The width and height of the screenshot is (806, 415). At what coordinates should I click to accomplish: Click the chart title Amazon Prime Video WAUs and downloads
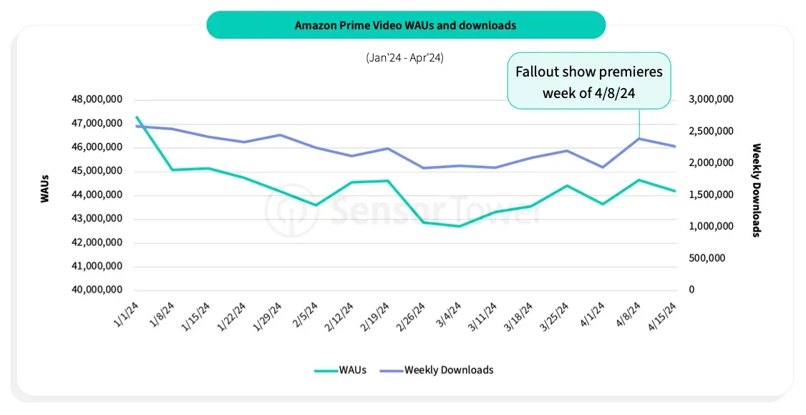(x=405, y=25)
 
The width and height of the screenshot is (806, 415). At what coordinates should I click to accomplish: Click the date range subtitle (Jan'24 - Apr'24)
(x=404, y=58)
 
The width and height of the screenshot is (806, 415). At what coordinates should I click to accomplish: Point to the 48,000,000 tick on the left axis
(x=97, y=99)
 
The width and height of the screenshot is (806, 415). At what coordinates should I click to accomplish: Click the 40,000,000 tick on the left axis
(x=97, y=290)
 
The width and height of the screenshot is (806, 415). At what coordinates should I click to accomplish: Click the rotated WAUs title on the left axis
(x=45, y=187)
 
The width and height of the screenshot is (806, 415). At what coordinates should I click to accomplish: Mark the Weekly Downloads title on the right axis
(x=756, y=190)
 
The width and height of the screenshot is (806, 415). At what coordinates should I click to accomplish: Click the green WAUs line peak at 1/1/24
(x=136, y=117)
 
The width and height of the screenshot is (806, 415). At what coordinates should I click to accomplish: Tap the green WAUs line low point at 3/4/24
(x=460, y=226)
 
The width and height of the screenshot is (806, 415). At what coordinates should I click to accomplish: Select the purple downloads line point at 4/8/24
(x=639, y=138)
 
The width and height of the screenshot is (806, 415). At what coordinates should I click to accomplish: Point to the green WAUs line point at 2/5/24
(x=316, y=205)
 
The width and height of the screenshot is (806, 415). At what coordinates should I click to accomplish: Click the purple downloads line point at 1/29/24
(x=280, y=135)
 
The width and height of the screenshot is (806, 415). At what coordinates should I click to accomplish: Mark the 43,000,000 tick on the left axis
(x=97, y=219)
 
